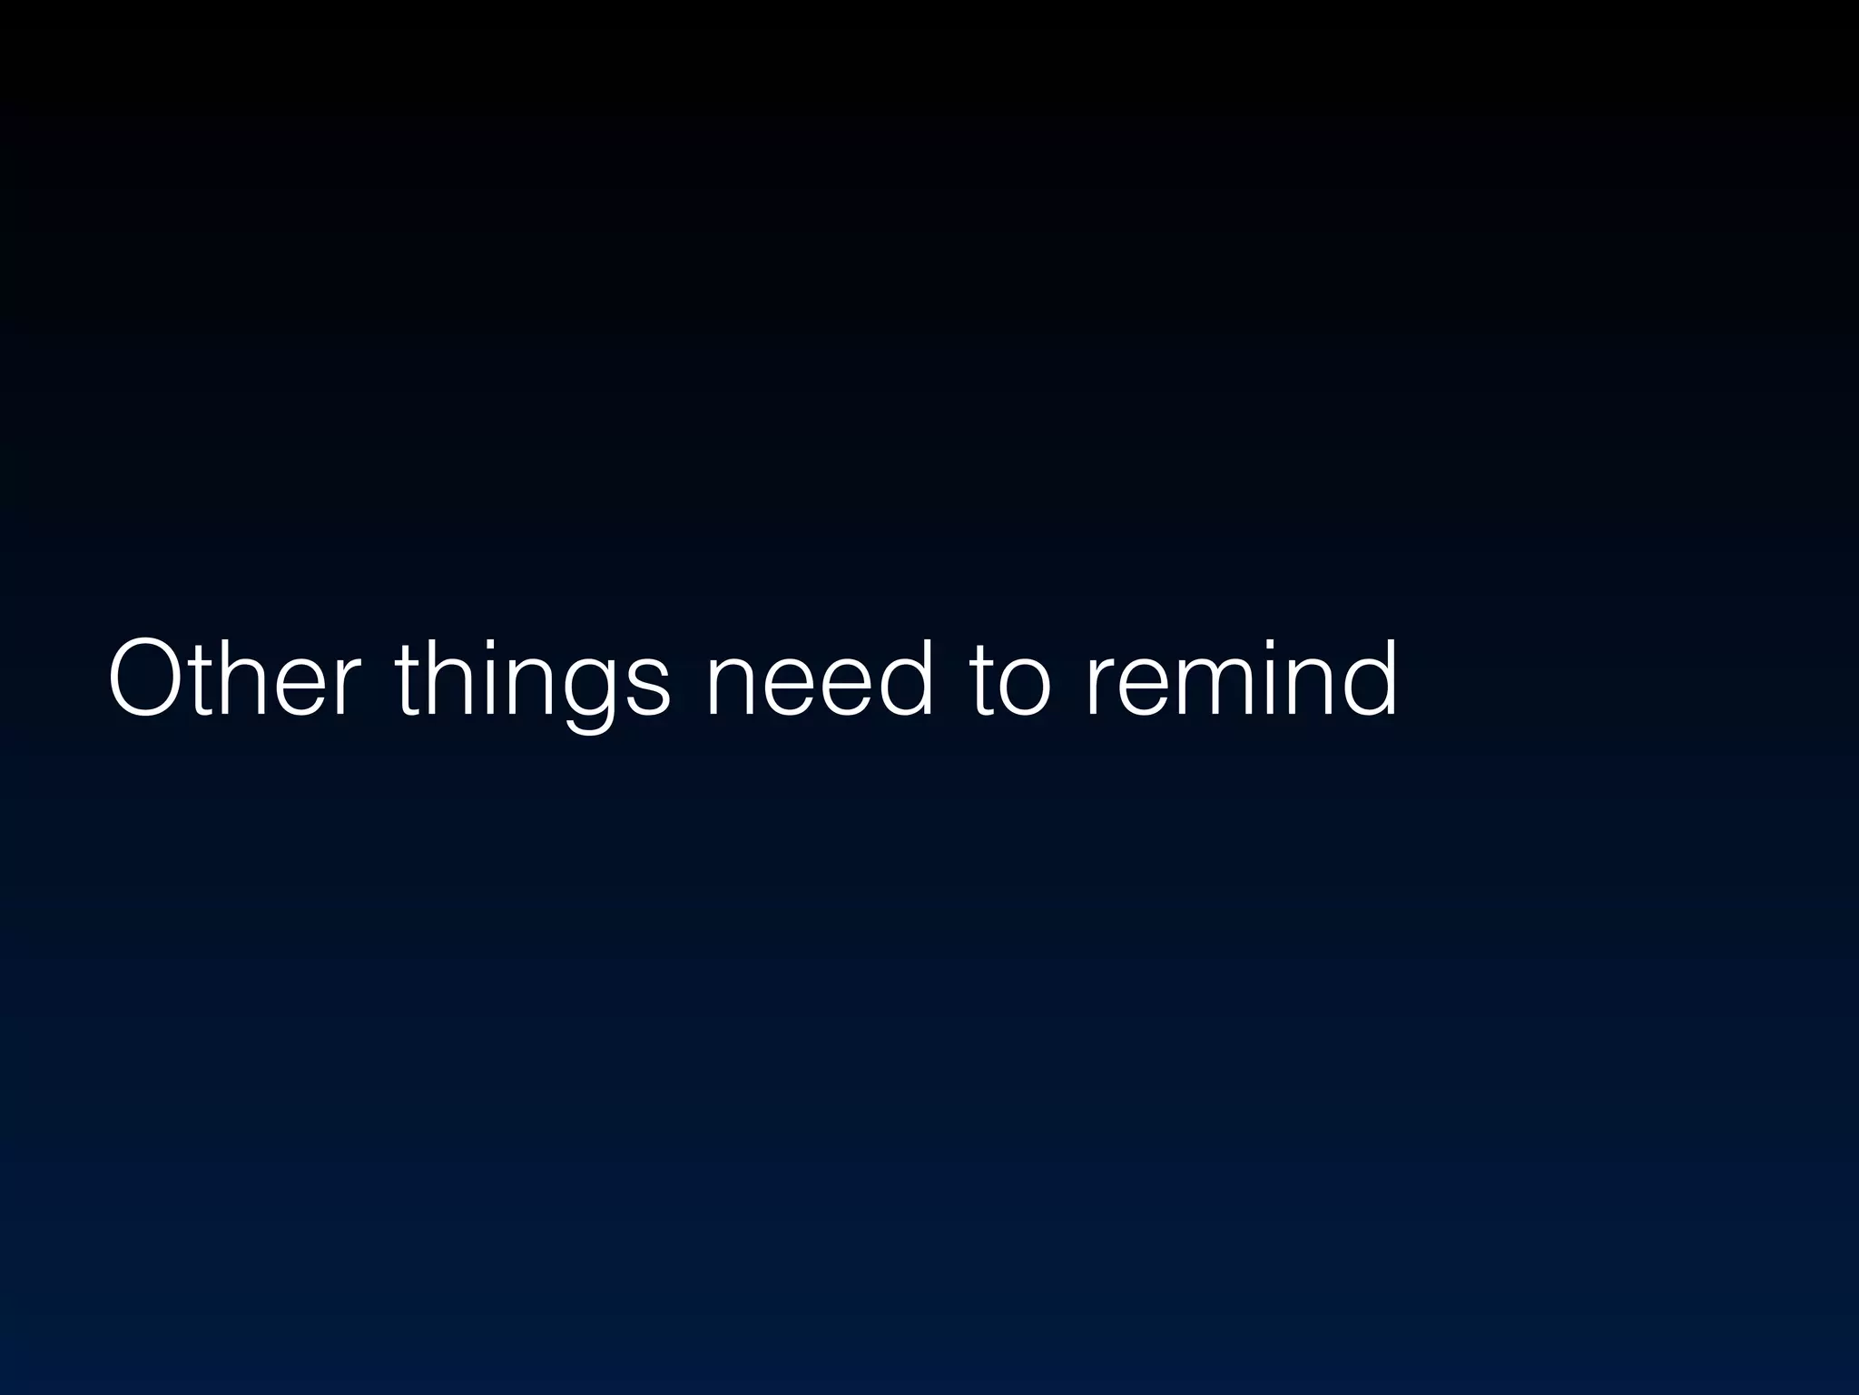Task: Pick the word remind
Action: coord(1240,678)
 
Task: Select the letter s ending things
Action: coord(645,687)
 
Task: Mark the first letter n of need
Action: coord(734,687)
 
